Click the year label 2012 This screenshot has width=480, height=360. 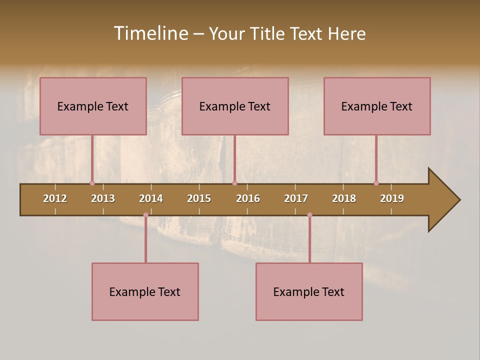point(55,198)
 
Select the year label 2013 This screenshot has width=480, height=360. point(103,198)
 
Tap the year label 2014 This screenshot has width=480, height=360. point(151,198)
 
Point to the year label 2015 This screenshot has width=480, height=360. point(199,198)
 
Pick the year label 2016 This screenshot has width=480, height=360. point(248,198)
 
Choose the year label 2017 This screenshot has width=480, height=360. point(296,198)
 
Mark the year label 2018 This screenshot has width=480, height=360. point(344,198)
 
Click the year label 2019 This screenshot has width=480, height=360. point(392,198)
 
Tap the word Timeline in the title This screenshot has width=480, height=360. point(150,33)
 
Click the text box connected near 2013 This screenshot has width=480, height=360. point(93,106)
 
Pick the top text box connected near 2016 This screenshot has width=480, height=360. point(235,106)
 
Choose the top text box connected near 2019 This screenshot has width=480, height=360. point(377,106)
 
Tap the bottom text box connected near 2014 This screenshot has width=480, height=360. point(145,291)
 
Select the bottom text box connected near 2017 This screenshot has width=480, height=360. point(309,291)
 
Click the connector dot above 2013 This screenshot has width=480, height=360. point(92,183)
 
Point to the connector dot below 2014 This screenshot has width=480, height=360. point(145,215)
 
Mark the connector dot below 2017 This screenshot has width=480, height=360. point(309,215)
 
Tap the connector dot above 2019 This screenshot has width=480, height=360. point(376,183)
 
